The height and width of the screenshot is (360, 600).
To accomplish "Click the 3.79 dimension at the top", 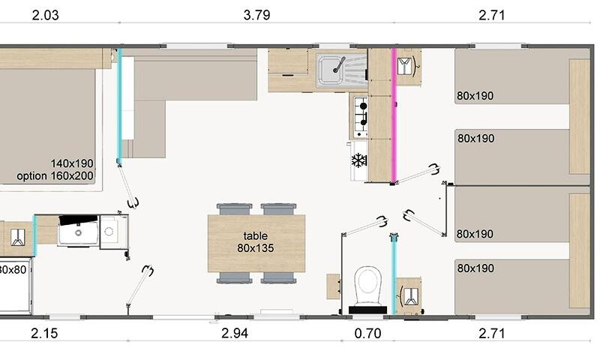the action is pyautogui.click(x=256, y=15).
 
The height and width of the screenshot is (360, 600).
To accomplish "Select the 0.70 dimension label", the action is pyautogui.click(x=367, y=333).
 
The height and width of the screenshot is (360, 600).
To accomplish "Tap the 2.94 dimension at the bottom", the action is pyautogui.click(x=235, y=333).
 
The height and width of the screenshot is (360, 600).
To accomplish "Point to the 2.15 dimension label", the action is pyautogui.click(x=44, y=333).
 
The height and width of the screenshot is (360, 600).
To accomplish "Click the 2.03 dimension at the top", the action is pyautogui.click(x=46, y=15).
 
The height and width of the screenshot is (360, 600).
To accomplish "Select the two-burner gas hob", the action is pyautogui.click(x=361, y=117).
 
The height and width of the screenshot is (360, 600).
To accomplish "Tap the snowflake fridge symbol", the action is pyautogui.click(x=359, y=160).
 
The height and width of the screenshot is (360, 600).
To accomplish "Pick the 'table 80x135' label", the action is pyautogui.click(x=256, y=241).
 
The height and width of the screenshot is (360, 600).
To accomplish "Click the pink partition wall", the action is pyautogui.click(x=394, y=115).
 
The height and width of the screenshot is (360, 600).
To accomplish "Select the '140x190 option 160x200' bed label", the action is pyautogui.click(x=55, y=169).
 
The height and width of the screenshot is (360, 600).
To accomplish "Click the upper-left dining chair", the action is pyautogui.click(x=234, y=209).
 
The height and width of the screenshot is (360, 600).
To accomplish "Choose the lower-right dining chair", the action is pyautogui.click(x=278, y=277).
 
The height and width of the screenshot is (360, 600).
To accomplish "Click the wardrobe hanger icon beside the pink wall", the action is pyautogui.click(x=406, y=66).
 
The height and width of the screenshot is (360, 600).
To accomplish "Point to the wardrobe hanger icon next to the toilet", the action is pyautogui.click(x=409, y=295).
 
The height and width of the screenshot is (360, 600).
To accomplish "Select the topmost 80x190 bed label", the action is pyautogui.click(x=475, y=96).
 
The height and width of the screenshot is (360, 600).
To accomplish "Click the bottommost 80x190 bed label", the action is pyautogui.click(x=475, y=268).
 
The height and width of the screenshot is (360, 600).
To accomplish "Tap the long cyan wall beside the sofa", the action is pyautogui.click(x=119, y=105).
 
